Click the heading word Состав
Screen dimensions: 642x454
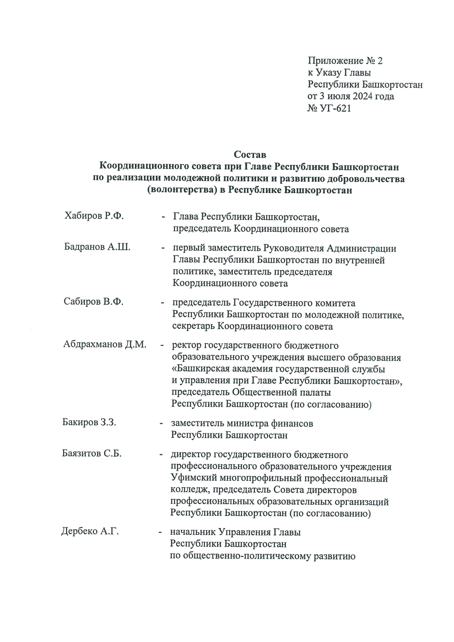click(x=250, y=154)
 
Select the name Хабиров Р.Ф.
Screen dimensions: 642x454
click(x=94, y=216)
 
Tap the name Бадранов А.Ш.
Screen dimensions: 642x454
click(x=97, y=247)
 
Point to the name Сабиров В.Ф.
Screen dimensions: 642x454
click(x=93, y=302)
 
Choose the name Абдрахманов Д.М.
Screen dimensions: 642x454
click(x=105, y=344)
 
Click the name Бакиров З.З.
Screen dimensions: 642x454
click(x=89, y=422)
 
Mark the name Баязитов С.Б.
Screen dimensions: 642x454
click(x=92, y=453)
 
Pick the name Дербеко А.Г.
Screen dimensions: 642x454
click(x=90, y=531)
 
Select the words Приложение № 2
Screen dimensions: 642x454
click(x=345, y=61)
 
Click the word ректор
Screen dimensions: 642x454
click(x=187, y=345)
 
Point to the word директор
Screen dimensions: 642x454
click(x=191, y=454)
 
